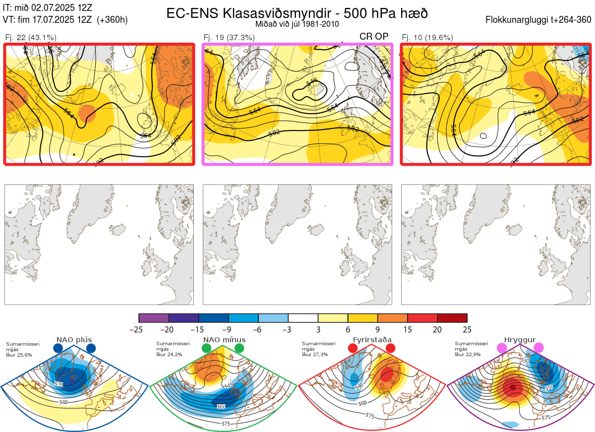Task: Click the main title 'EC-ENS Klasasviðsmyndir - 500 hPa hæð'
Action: (x=297, y=13)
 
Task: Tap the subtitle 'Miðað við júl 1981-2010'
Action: (x=297, y=24)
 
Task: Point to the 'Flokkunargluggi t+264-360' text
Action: (x=539, y=20)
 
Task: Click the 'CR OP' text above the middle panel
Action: (x=374, y=36)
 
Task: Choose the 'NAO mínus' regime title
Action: (x=224, y=340)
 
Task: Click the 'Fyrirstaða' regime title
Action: (x=372, y=340)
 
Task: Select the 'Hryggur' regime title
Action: (x=520, y=340)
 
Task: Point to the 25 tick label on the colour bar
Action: (x=467, y=329)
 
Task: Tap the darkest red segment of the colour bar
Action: (x=452, y=318)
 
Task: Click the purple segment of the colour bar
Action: (x=154, y=318)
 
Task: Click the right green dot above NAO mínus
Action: (x=239, y=349)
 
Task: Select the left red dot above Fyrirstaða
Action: (x=353, y=349)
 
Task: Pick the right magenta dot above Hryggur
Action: (x=538, y=349)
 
